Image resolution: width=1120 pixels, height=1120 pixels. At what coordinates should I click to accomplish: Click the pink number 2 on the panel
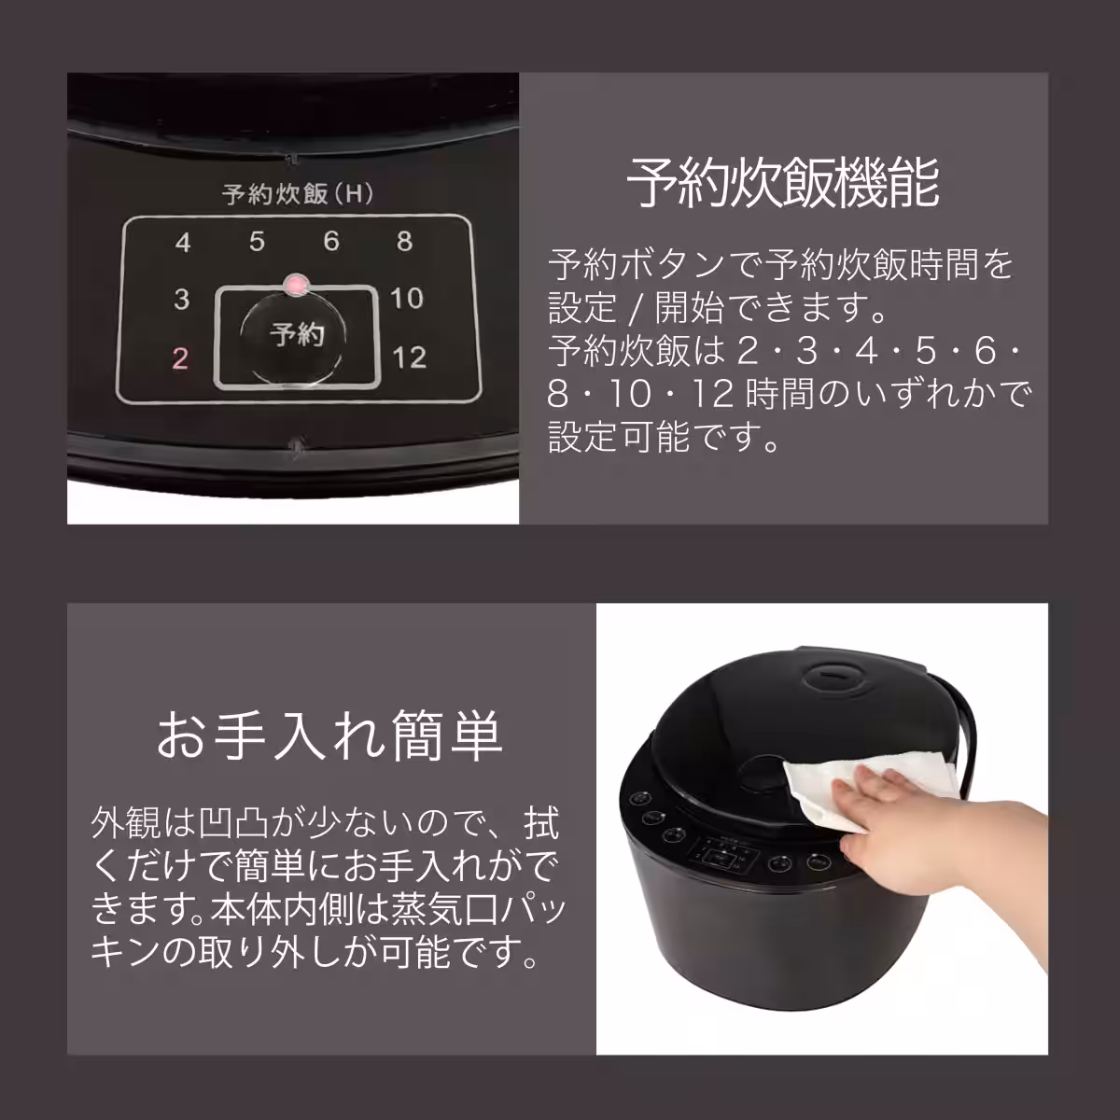181,358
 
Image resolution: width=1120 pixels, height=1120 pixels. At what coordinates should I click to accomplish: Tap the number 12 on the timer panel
408,357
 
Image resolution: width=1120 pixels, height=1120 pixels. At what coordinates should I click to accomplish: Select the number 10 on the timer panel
407,299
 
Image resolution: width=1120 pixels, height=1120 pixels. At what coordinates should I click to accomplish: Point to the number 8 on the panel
404,242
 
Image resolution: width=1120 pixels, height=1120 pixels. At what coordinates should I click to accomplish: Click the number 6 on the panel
330,242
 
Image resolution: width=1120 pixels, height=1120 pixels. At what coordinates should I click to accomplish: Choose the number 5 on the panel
257,242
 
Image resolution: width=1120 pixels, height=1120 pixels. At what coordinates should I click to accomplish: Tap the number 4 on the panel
183,243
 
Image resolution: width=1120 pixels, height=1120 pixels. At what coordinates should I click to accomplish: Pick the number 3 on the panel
181,300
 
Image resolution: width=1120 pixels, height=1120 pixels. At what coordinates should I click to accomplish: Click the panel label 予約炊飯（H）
297,194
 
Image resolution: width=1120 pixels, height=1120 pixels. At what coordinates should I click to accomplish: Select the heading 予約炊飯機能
782,184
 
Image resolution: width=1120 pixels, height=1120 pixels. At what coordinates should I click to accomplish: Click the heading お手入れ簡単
329,736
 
